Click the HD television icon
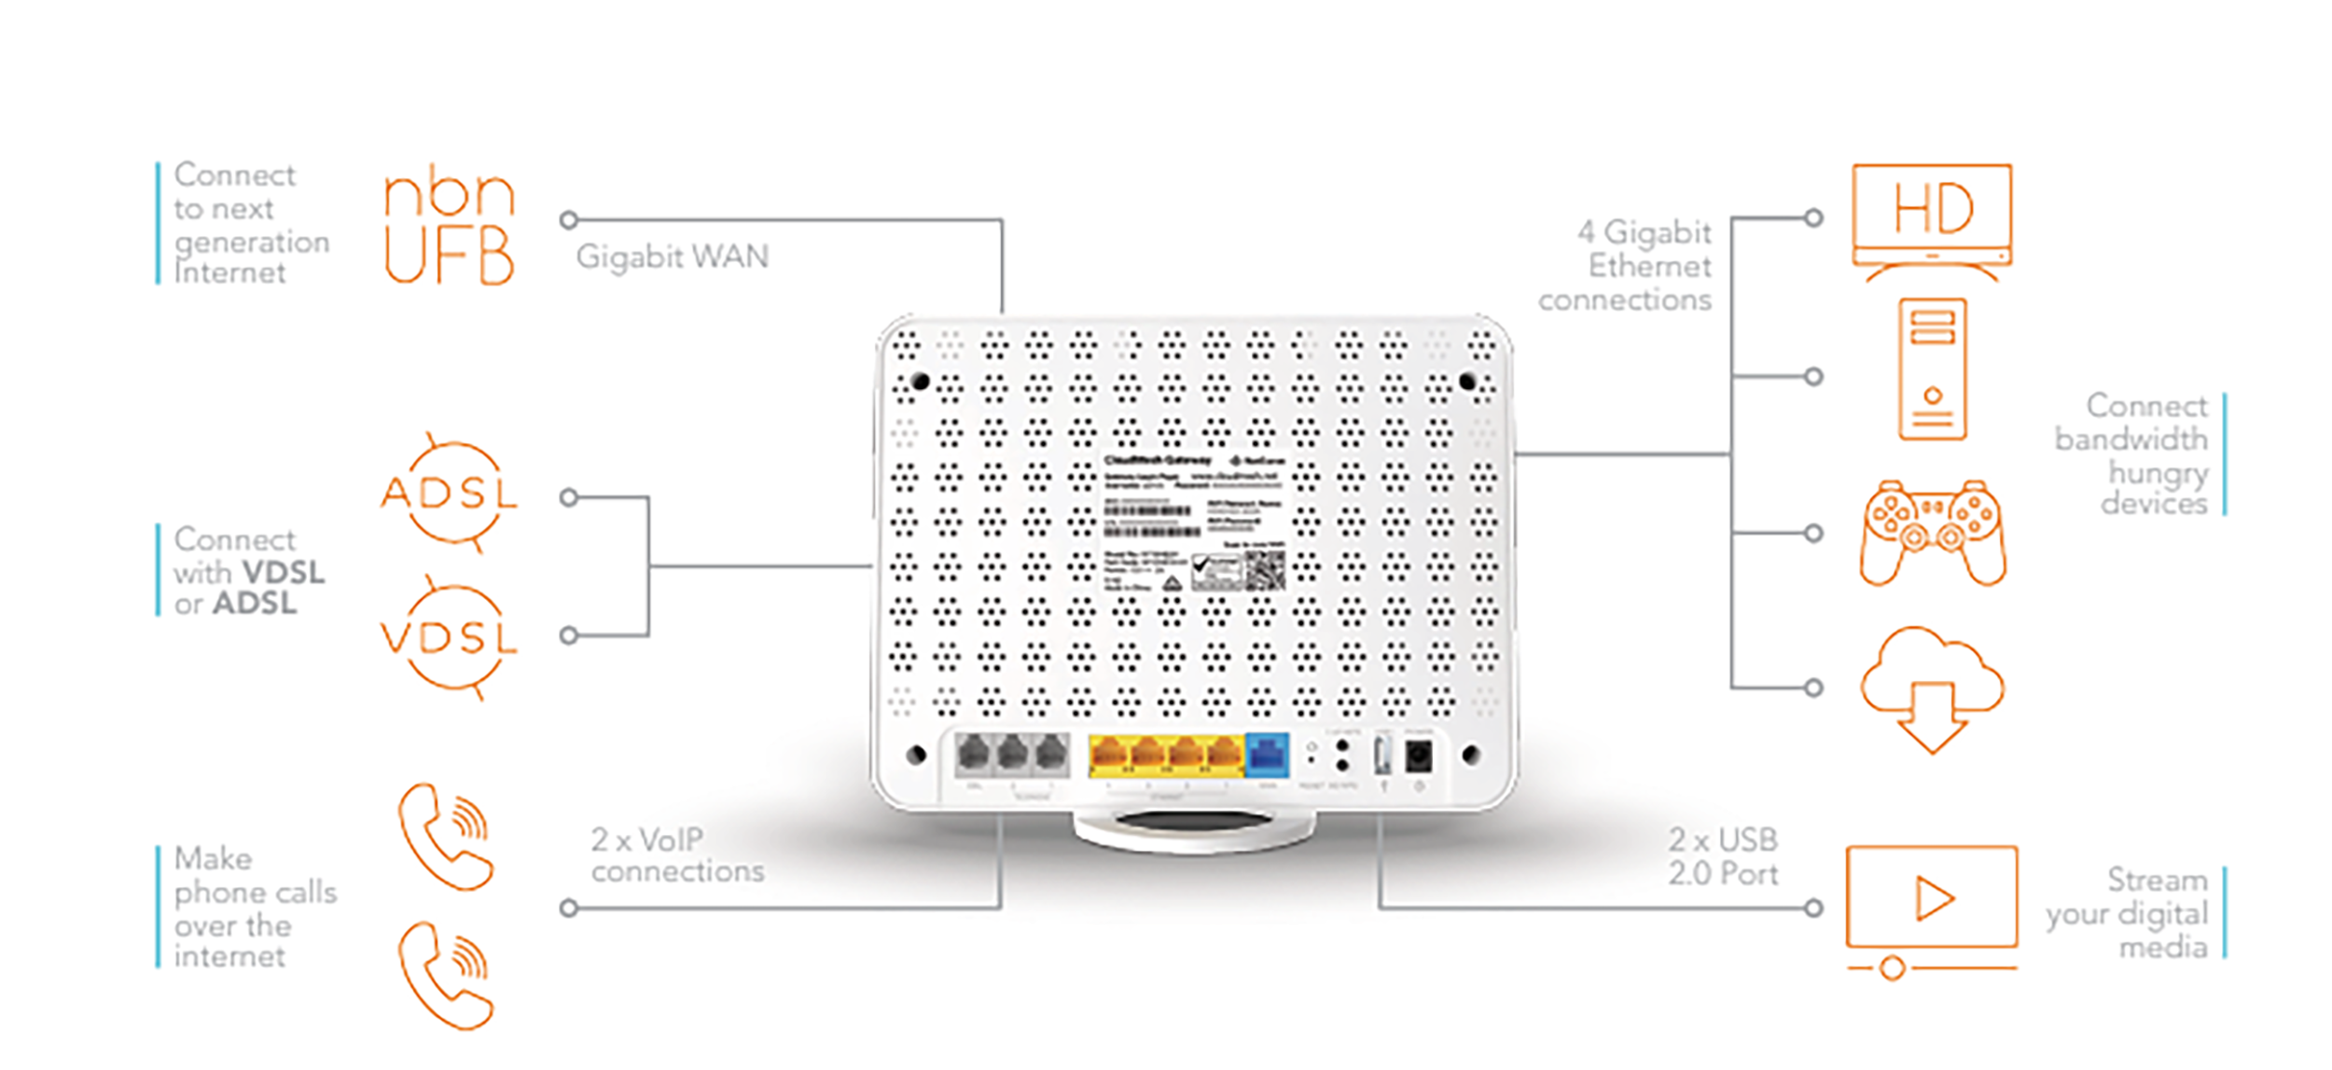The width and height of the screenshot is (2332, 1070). (1931, 220)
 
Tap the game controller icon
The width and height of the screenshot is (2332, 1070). (1932, 533)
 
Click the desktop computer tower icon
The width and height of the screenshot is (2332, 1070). (1932, 368)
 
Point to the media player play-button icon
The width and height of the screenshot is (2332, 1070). (1932, 899)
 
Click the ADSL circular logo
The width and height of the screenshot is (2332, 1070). (449, 492)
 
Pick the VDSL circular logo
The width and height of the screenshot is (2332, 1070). (449, 637)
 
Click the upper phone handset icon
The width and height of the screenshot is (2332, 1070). (446, 837)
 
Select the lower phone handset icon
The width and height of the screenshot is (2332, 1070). (446, 976)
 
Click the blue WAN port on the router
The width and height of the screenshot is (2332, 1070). (1268, 755)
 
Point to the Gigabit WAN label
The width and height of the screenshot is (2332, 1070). (672, 257)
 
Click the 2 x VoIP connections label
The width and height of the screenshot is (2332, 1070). (676, 855)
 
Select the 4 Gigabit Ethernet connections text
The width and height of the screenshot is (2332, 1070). (1628, 266)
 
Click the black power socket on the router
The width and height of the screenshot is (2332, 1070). (1418, 756)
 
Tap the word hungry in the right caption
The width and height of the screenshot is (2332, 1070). (2158, 473)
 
